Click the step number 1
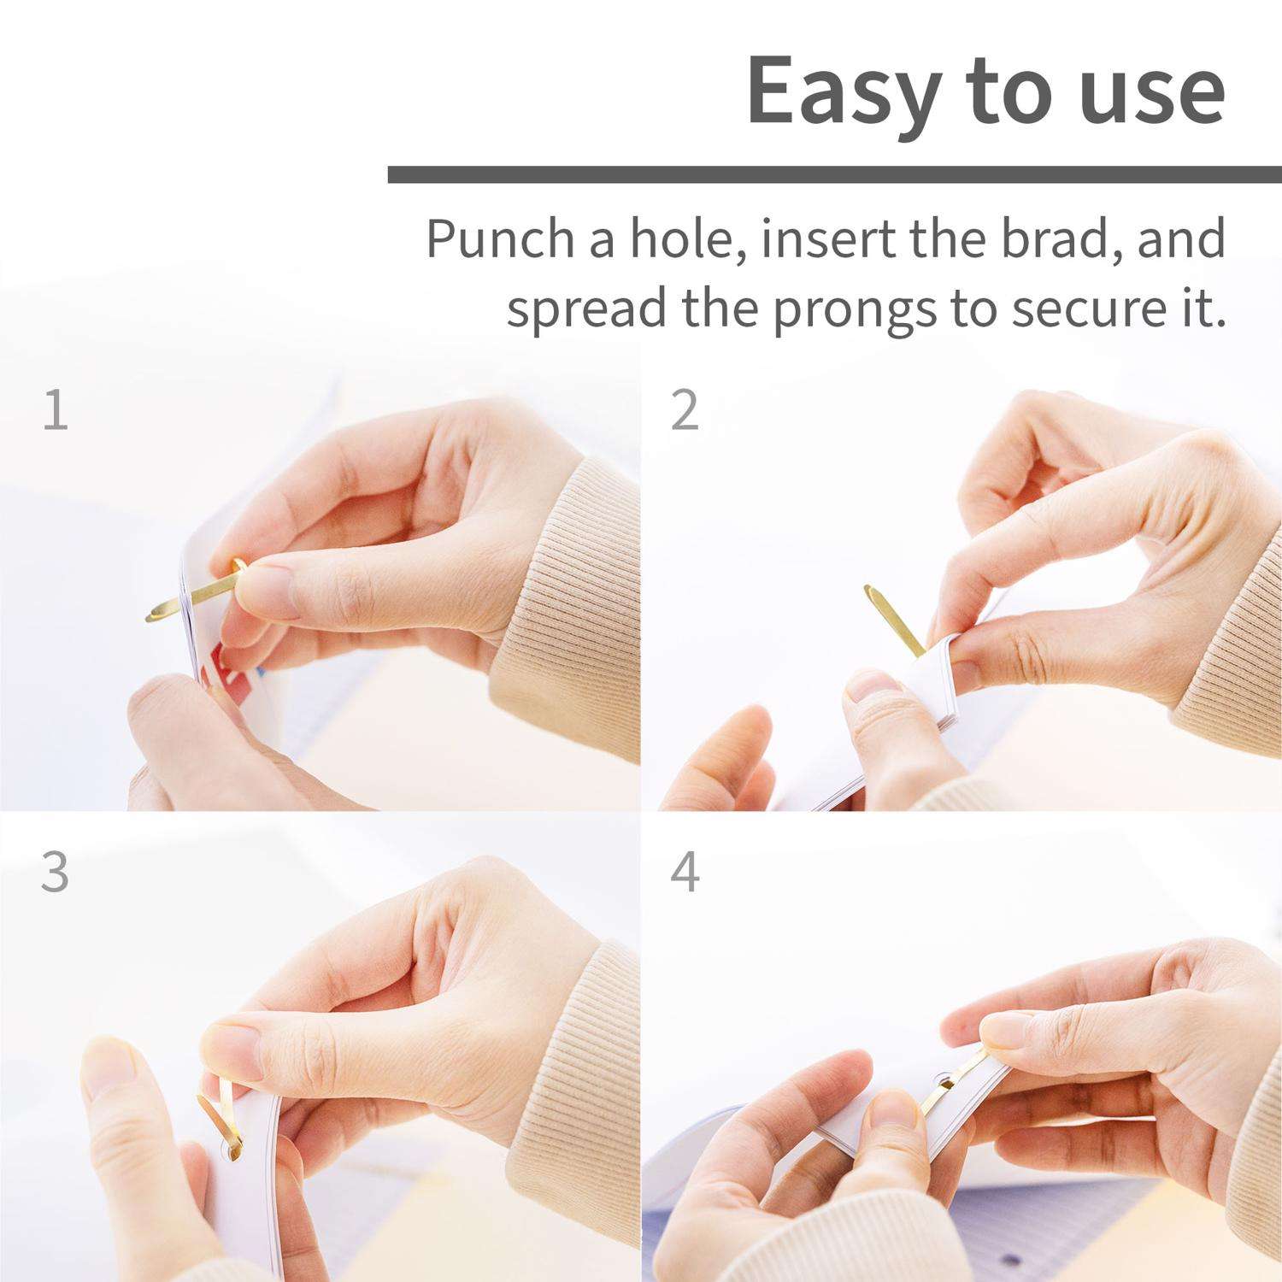click(56, 410)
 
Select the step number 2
click(685, 410)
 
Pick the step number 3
click(55, 873)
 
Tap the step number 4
click(685, 873)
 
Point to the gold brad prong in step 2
click(893, 618)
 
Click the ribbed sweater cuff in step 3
click(590, 1068)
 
